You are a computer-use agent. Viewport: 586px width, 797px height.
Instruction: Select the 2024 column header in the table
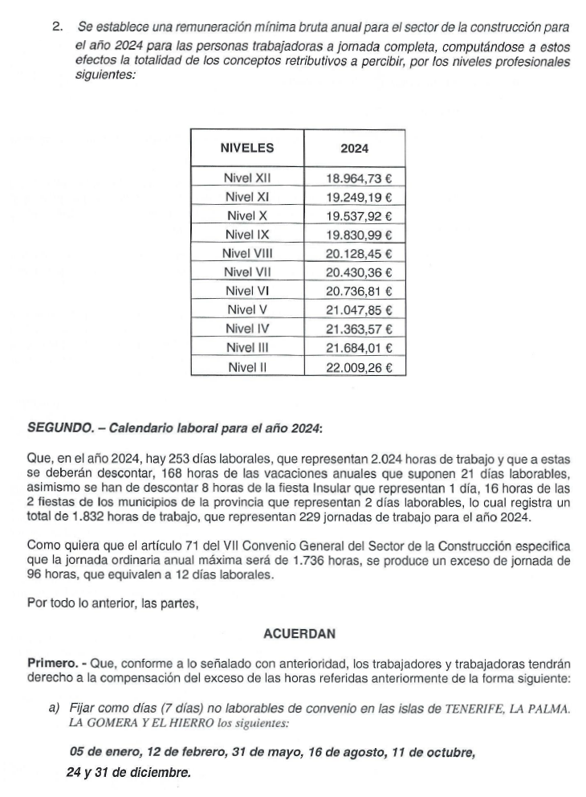[x=354, y=149]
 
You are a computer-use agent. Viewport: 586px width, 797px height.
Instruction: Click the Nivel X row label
[x=246, y=215]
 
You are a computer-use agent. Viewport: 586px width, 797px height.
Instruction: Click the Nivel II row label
[x=246, y=367]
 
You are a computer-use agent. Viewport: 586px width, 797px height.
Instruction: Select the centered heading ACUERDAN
[x=298, y=634]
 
